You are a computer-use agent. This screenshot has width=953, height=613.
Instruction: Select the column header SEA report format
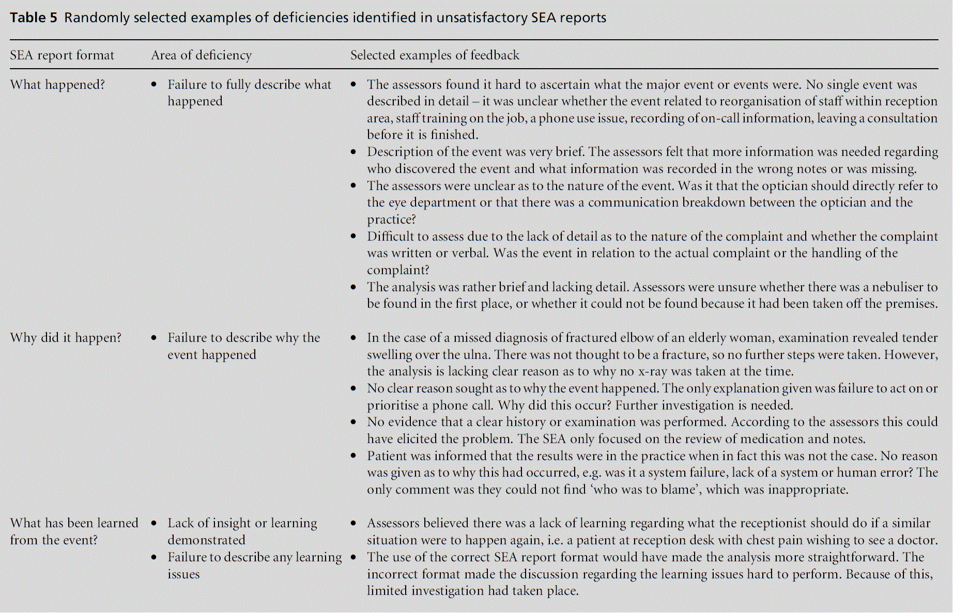pyautogui.click(x=62, y=55)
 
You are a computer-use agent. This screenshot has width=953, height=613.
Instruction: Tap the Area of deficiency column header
pyautogui.click(x=201, y=55)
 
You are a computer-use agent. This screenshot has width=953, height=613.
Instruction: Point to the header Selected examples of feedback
pyautogui.click(x=435, y=55)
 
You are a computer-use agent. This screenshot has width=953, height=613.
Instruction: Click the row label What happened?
pyautogui.click(x=57, y=85)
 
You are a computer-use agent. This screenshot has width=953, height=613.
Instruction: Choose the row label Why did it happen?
pyautogui.click(x=66, y=338)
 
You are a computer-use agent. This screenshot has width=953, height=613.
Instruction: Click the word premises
pyautogui.click(x=911, y=304)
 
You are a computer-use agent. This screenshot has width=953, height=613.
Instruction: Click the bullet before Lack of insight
pyautogui.click(x=154, y=523)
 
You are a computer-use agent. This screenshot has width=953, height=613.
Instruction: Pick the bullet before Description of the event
pyautogui.click(x=353, y=152)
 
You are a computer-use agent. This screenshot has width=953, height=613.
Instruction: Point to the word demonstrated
pyautogui.click(x=206, y=540)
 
